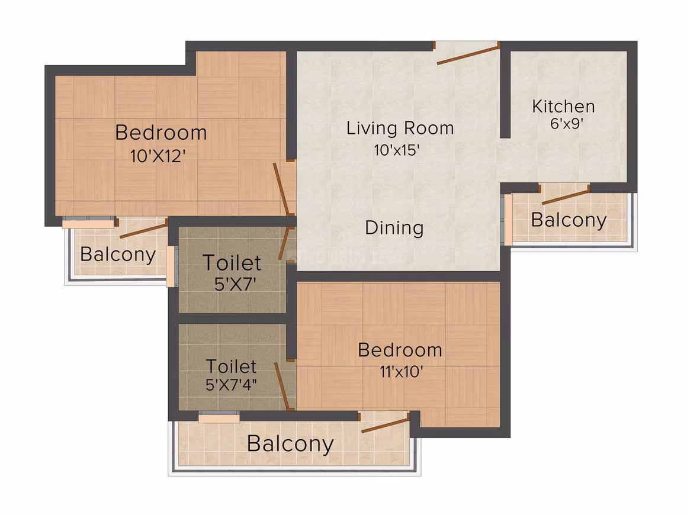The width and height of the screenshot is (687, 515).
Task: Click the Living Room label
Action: [400, 128]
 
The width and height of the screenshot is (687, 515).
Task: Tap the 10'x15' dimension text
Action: [397, 150]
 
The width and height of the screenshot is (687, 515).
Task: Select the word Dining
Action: [394, 228]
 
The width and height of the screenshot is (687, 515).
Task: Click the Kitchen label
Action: [563, 107]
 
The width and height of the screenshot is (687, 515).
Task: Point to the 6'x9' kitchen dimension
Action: [566, 124]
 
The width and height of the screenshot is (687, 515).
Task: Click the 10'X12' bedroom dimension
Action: [158, 156]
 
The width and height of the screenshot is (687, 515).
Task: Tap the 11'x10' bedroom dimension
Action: [401, 372]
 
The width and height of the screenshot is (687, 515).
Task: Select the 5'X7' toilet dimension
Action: [235, 285]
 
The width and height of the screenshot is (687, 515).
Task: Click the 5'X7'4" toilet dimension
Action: [231, 385]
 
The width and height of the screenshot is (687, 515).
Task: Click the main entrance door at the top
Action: [467, 53]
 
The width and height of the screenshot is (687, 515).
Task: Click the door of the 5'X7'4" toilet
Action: [282, 386]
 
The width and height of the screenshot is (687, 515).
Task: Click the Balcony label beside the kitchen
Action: [569, 220]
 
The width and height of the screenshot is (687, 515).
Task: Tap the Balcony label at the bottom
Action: [290, 444]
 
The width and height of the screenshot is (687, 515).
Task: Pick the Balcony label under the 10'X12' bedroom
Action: [118, 255]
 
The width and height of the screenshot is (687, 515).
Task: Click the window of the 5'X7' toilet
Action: [171, 266]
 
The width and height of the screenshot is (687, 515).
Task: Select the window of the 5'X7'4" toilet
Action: [219, 419]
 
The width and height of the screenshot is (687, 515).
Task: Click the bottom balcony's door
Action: [385, 423]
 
